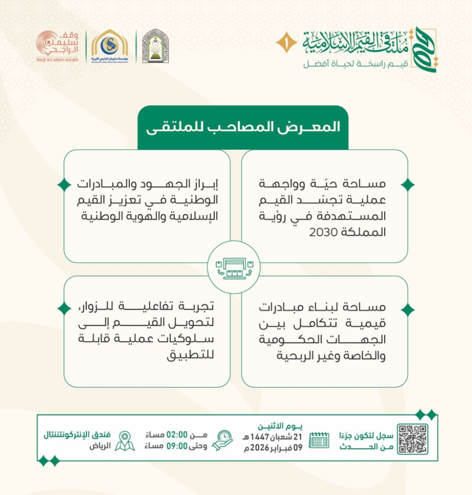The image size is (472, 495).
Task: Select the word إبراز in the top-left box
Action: tap(201, 184)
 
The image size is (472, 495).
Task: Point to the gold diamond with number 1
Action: tap(286, 43)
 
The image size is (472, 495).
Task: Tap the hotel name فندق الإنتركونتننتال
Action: tap(78, 434)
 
